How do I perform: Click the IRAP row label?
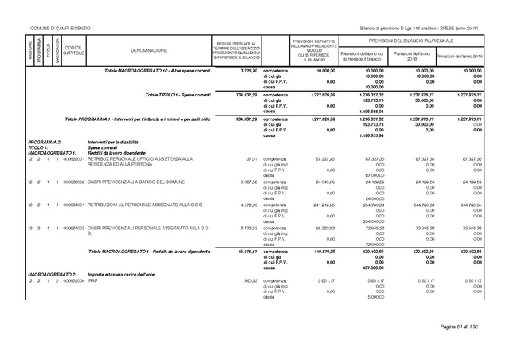point(92,280)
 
